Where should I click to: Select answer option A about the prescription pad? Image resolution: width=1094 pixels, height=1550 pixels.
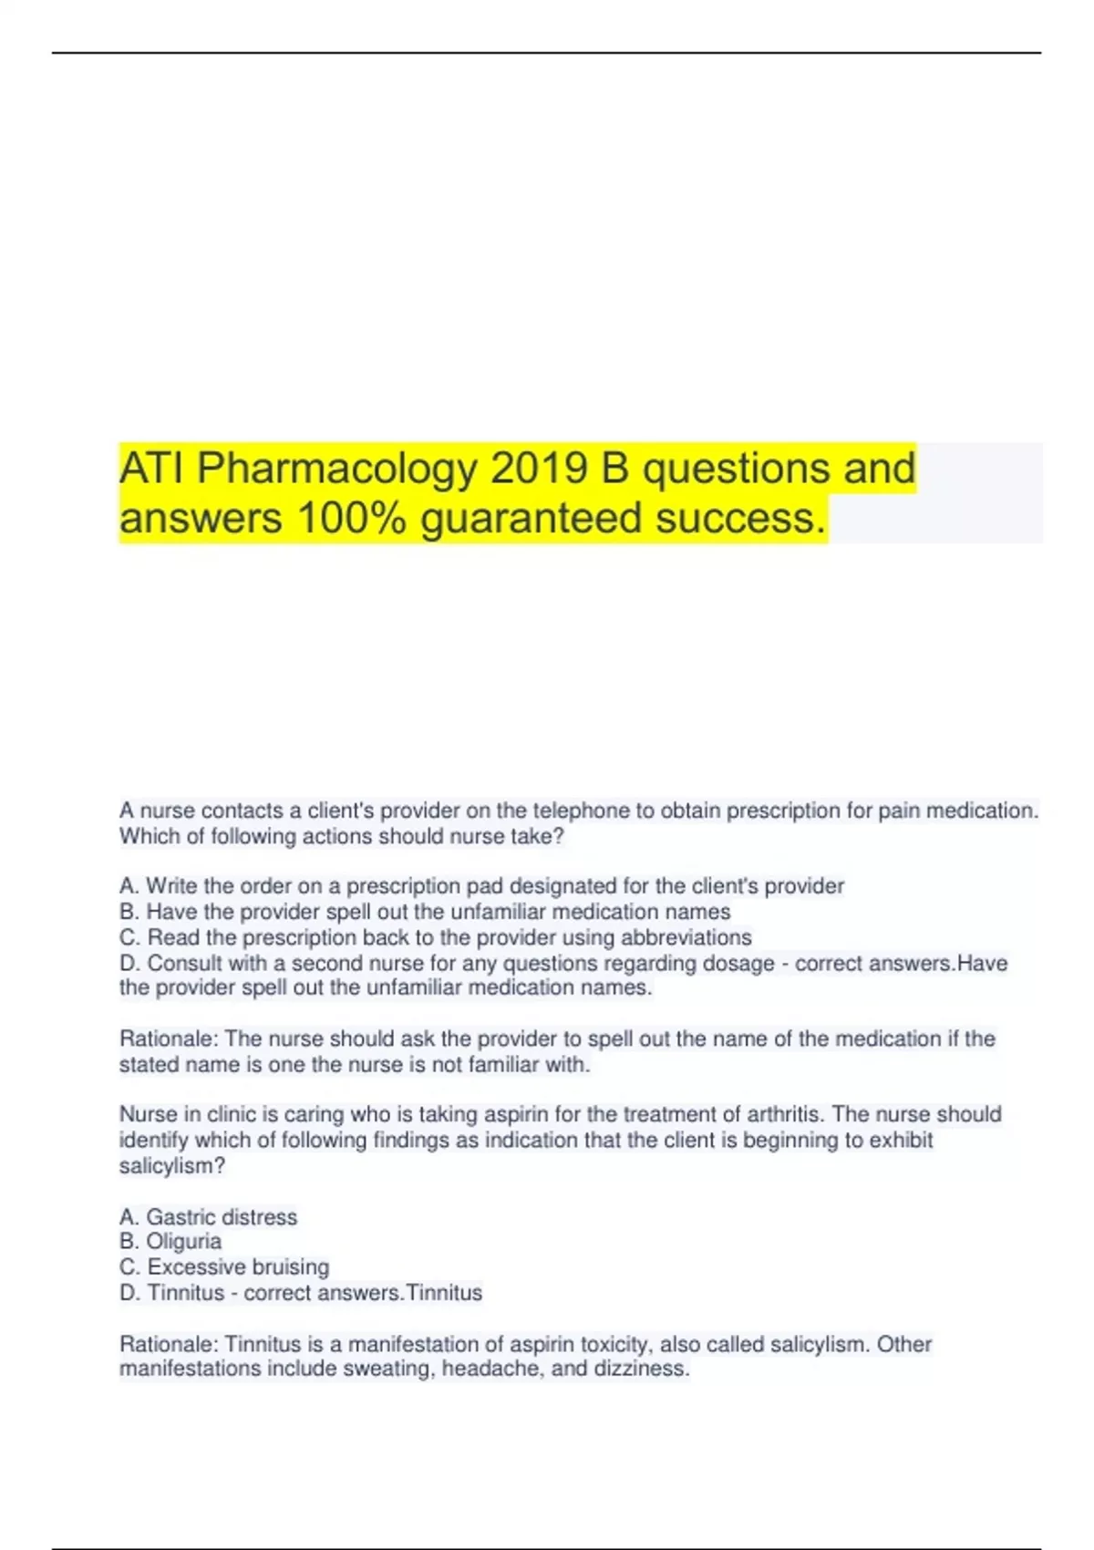(481, 885)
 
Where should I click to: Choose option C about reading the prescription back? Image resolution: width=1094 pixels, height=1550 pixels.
(436, 937)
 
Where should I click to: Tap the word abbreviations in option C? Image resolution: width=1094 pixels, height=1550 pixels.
(686, 937)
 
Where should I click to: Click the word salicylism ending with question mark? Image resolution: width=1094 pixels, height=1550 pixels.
(172, 1165)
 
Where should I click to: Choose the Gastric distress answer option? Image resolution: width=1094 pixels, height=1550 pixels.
(208, 1216)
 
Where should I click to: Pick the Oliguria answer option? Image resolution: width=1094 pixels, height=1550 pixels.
(170, 1241)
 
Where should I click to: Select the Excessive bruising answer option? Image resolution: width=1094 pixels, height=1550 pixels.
(224, 1266)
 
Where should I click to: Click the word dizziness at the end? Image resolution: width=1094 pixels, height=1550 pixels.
(642, 1369)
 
